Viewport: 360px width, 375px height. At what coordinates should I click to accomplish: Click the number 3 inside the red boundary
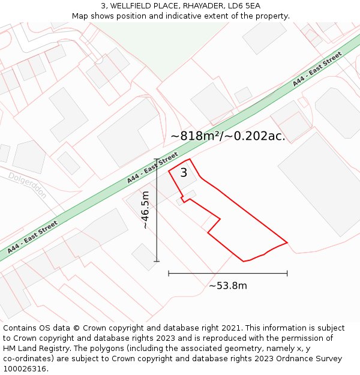[184, 173]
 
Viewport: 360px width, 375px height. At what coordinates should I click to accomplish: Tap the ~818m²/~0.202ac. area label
[227, 136]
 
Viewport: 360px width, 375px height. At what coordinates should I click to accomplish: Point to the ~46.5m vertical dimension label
[145, 210]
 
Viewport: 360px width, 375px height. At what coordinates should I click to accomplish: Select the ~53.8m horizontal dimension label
[227, 286]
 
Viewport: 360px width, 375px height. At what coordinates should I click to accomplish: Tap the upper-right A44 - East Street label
[317, 69]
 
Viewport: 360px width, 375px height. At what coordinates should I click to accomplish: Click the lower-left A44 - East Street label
[32, 237]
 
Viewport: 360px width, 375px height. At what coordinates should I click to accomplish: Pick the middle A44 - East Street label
[152, 167]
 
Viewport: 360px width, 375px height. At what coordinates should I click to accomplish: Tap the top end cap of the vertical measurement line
[157, 159]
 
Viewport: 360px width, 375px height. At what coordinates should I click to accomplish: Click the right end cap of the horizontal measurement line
[287, 273]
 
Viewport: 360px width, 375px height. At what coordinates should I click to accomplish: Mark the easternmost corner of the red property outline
[287, 242]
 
